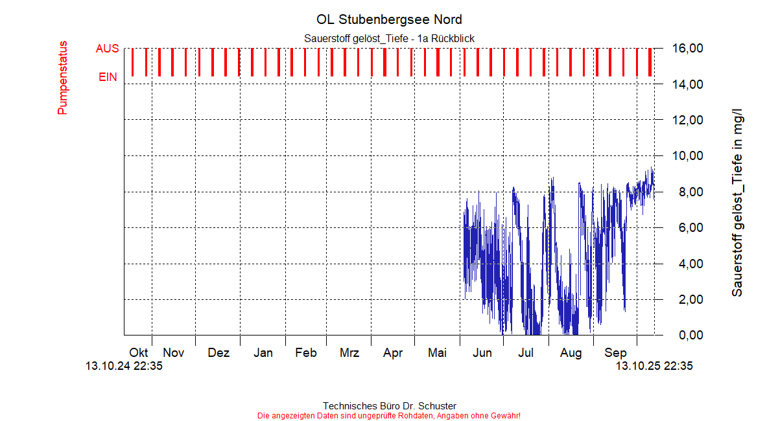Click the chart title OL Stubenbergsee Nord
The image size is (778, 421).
coord(389,19)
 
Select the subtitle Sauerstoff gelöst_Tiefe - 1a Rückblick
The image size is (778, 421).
coord(389,39)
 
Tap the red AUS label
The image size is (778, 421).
coord(107,49)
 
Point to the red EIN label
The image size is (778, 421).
coord(108,77)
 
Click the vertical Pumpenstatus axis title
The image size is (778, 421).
coord(62,78)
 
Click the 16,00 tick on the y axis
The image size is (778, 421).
coord(687,49)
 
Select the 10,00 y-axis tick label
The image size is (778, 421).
coord(687,156)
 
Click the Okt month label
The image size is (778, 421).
coord(138,353)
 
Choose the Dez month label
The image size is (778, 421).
coord(218,353)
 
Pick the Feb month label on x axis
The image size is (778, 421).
coord(305,353)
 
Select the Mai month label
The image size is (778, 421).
coord(438,353)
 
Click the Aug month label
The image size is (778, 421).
coord(571,353)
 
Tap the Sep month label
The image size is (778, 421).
coord(615,353)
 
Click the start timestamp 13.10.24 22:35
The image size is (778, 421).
coord(124,366)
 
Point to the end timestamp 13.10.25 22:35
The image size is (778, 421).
coord(654,366)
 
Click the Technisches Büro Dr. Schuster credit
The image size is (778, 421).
coord(389,406)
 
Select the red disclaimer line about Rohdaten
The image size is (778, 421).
coord(389,415)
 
